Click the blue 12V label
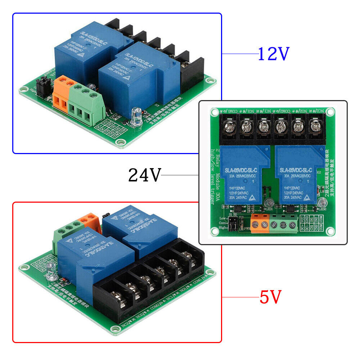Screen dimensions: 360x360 tap(274, 54)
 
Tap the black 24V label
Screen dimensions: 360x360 tap(144, 176)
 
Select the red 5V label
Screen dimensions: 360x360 tap(270, 297)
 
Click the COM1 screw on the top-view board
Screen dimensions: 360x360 tap(229, 127)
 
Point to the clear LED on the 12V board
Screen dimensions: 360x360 tap(136, 117)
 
